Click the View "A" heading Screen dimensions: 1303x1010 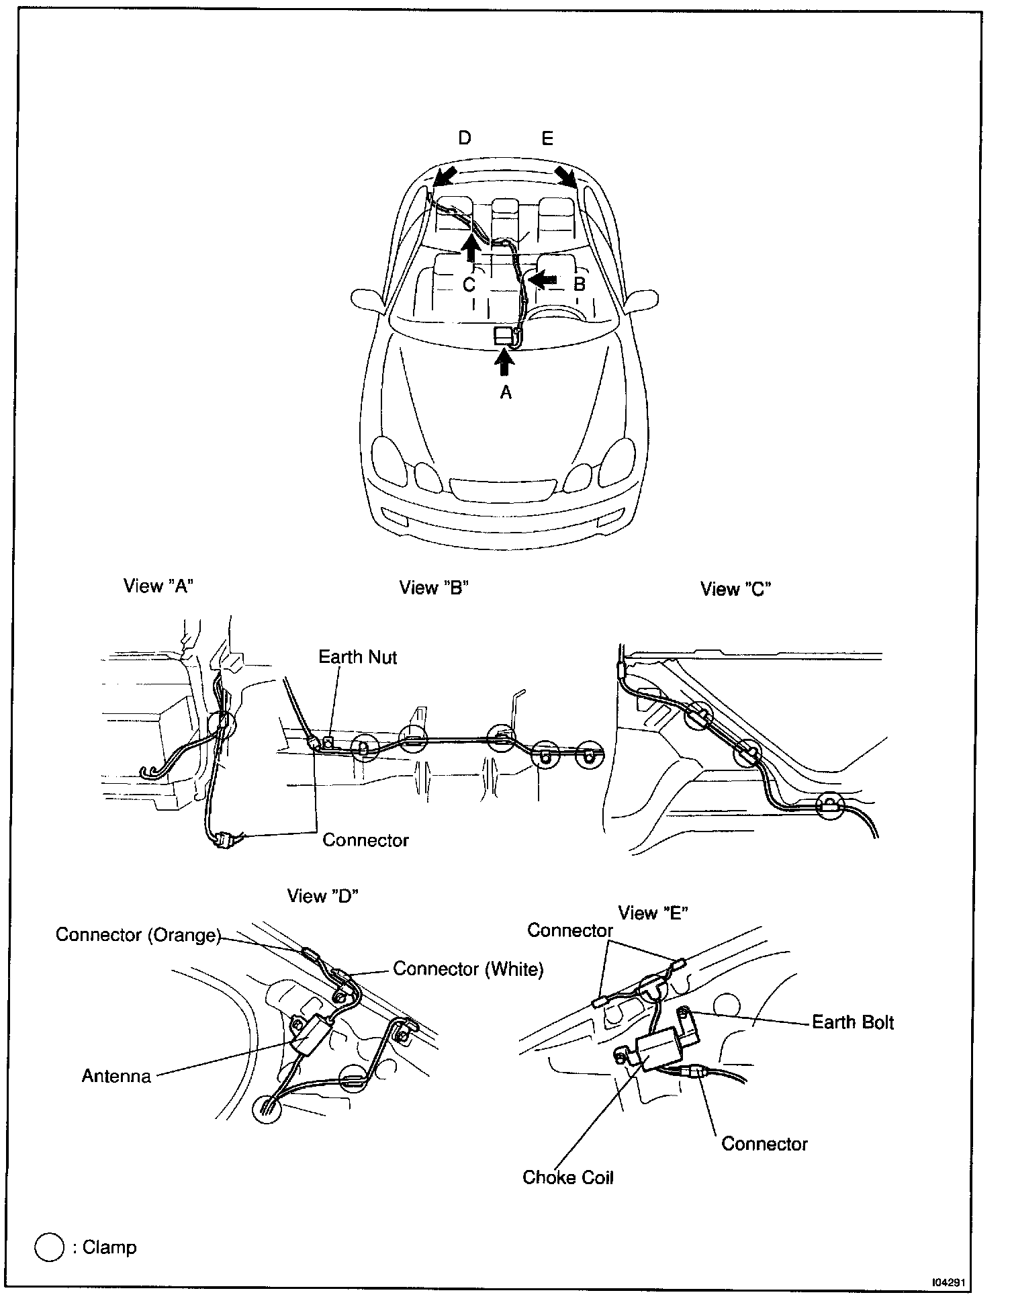click(158, 586)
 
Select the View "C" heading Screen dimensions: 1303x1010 click(735, 589)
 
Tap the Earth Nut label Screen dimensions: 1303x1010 click(357, 657)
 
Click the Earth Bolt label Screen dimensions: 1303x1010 click(853, 1022)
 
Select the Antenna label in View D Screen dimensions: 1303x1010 click(116, 1075)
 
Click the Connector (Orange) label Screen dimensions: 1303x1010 click(138, 935)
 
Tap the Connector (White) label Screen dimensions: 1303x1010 click(468, 969)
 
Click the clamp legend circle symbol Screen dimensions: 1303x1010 click(49, 1247)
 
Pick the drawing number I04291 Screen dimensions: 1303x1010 click(948, 1282)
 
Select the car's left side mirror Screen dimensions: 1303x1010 click(367, 300)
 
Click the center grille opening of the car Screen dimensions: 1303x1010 click(503, 488)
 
